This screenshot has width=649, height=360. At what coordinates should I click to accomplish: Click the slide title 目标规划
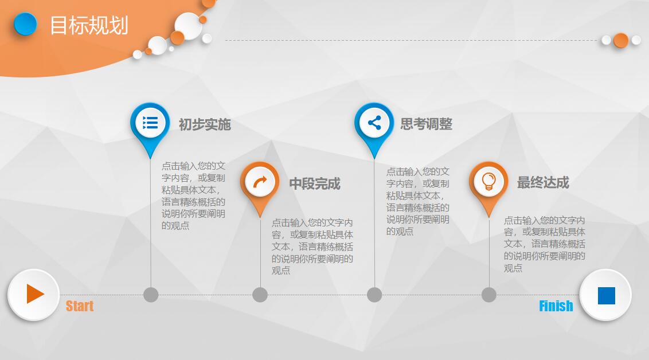(89, 25)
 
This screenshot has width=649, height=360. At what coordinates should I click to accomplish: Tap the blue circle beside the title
(25, 24)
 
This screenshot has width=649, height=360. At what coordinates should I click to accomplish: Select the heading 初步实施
(205, 124)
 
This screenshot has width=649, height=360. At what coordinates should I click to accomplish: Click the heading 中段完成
(314, 183)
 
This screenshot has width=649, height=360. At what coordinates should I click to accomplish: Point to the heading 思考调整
(426, 124)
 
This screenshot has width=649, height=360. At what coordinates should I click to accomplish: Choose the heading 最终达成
(542, 182)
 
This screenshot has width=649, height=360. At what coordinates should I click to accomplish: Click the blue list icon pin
(150, 123)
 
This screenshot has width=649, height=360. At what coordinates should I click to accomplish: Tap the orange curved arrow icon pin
(260, 182)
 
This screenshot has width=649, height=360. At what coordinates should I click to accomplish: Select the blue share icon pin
(374, 123)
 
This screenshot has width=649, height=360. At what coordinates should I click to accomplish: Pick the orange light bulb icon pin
(488, 182)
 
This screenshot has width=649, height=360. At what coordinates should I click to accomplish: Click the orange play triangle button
(34, 294)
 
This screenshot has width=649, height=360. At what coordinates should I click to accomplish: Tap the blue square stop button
(605, 295)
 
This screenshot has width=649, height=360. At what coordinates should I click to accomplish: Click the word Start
(80, 306)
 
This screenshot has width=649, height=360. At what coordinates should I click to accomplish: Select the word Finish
(556, 306)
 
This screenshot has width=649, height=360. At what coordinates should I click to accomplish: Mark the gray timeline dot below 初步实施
(151, 295)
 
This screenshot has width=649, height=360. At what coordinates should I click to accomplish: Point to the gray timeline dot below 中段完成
(260, 295)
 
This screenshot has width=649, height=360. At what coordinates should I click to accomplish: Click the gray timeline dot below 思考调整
(374, 295)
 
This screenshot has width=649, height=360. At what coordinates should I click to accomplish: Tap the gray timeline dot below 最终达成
(489, 295)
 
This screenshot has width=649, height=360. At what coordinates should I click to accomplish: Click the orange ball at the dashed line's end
(620, 40)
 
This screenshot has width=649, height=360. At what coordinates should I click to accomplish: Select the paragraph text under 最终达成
(544, 244)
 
